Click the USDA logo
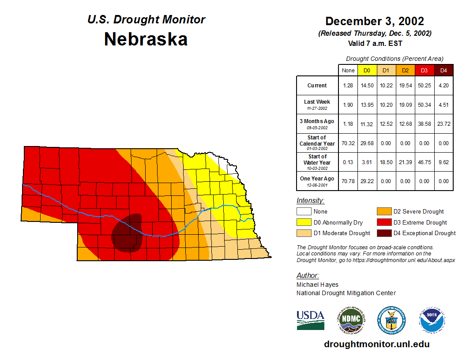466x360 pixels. click(x=310, y=320)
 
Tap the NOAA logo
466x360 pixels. click(x=432, y=320)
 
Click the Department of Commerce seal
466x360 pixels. click(x=391, y=320)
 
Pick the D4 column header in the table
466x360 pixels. click(x=443, y=71)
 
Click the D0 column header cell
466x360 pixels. click(x=367, y=71)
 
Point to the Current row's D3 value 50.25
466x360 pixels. click(x=424, y=86)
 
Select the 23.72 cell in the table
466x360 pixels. click(x=443, y=124)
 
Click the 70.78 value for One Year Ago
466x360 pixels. click(x=348, y=181)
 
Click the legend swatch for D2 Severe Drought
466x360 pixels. click(x=383, y=212)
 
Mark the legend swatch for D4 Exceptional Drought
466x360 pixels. click(x=383, y=233)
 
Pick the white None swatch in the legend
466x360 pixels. click(x=304, y=212)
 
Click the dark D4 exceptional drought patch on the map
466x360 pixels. click(x=128, y=234)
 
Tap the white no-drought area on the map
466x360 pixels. click(x=231, y=168)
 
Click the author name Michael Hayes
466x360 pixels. click(x=317, y=285)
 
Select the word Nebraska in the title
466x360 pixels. click(x=146, y=39)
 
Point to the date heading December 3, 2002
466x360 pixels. click(x=375, y=21)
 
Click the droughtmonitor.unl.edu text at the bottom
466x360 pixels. click(x=376, y=344)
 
